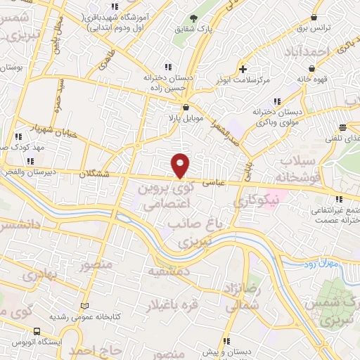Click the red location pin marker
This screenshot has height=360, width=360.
coord(180,165)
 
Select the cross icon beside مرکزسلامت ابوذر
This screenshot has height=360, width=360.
coord(243,69)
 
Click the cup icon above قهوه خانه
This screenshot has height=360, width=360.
coord(311,69)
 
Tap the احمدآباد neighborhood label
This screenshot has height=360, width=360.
coord(307,52)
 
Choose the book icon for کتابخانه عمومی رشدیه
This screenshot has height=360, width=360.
coord(85,307)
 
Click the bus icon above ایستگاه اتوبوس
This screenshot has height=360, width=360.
coord(37,331)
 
